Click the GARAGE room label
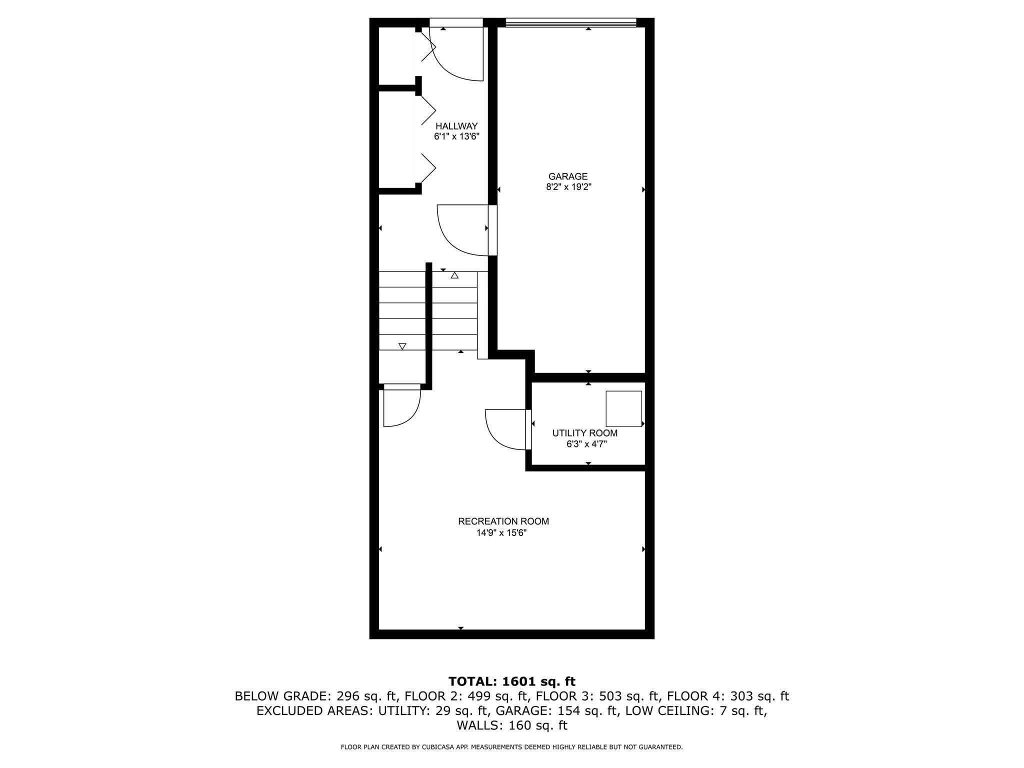[568, 176]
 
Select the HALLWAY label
[456, 126]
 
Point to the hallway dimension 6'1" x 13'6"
[456, 136]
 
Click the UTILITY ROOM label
[584, 433]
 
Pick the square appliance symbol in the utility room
[623, 408]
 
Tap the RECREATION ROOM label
[503, 521]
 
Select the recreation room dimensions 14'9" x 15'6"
[501, 533]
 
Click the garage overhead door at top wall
[570, 22]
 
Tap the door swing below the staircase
[401, 408]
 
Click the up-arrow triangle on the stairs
[454, 275]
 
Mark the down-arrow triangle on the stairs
[402, 346]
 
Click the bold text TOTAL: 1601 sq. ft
[511, 681]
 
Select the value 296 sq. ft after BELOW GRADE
[366, 696]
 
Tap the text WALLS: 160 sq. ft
[511, 725]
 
